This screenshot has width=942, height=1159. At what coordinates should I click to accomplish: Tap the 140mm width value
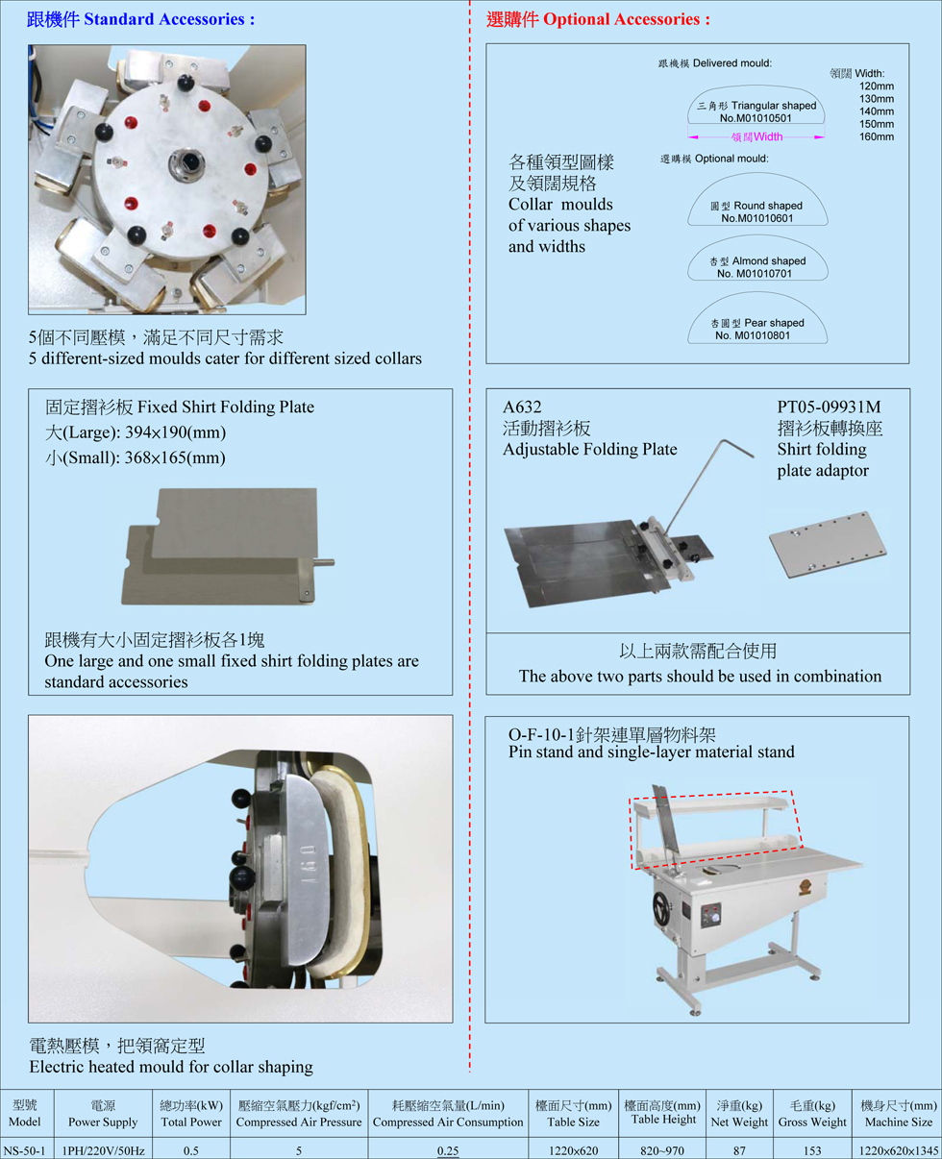[876, 111]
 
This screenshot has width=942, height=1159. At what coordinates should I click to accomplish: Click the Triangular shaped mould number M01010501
[756, 118]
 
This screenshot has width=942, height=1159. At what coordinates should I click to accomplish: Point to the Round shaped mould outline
[757, 174]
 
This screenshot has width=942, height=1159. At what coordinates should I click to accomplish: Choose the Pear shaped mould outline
[757, 293]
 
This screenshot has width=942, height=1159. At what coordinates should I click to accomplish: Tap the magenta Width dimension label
[756, 137]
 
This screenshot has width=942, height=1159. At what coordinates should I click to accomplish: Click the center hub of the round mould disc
[186, 161]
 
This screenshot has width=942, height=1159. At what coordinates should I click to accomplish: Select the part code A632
[522, 407]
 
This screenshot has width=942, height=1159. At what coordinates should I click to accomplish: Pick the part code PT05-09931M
[829, 407]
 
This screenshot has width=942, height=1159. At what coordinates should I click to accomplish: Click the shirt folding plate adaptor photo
[828, 544]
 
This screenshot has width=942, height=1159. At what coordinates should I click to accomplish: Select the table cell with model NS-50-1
[25, 1150]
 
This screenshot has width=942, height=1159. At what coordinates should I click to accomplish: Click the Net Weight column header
[739, 1114]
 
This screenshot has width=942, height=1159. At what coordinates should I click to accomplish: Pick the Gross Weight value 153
[812, 1151]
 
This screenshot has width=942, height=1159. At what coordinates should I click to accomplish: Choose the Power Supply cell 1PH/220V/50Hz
[103, 1150]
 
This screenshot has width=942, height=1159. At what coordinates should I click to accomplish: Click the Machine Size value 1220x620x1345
[899, 1151]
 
